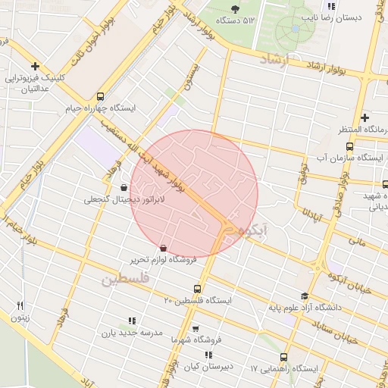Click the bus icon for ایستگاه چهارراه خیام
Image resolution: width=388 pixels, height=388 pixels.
pos(101,96)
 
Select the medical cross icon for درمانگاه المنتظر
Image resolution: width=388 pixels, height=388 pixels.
pos(365,117)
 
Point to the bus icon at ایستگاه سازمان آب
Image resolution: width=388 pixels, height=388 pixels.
pos(349,146)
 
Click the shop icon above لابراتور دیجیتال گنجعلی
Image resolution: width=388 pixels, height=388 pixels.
pos(124,186)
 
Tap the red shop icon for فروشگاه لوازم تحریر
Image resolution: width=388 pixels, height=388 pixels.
pos(164,247)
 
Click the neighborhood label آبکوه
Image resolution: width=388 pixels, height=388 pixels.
pos(252,228)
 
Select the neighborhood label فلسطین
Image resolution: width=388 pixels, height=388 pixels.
pos(126,280)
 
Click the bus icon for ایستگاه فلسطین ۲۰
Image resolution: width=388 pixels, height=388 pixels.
pos(198,289)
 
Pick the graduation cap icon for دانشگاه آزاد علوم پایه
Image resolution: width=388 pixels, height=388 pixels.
pos(305,296)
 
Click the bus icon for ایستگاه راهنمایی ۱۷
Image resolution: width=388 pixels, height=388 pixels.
pos(283,357)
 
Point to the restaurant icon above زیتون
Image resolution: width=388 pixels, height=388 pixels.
pos(20,305)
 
